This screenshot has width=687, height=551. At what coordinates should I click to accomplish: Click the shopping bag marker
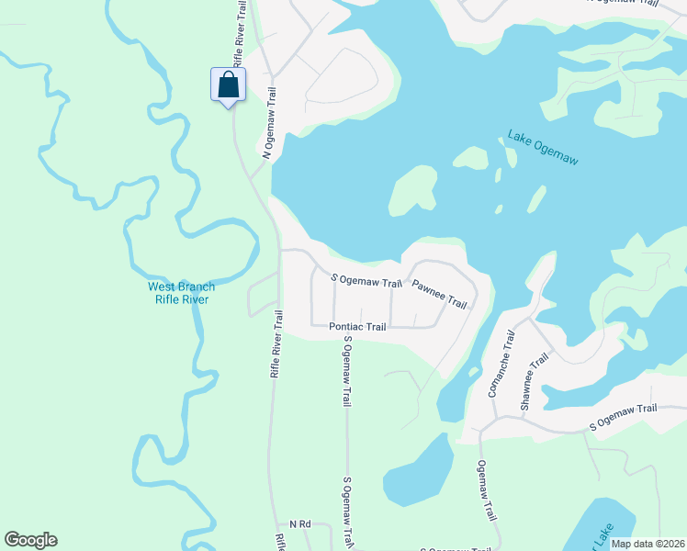coord(228,84)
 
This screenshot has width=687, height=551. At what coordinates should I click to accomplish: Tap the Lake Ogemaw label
coord(543,149)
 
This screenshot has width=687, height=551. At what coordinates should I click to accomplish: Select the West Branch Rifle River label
coord(182,293)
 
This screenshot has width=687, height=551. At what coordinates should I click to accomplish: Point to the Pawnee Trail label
coord(439,295)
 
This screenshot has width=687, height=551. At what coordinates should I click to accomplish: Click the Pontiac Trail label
coord(358,326)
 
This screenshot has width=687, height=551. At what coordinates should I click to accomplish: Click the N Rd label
coord(300,523)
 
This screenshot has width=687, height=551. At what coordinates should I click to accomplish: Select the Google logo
coord(30,540)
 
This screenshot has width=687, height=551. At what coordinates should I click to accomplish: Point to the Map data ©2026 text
coord(648,544)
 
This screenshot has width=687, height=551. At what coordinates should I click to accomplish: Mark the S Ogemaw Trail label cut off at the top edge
coord(622,3)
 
